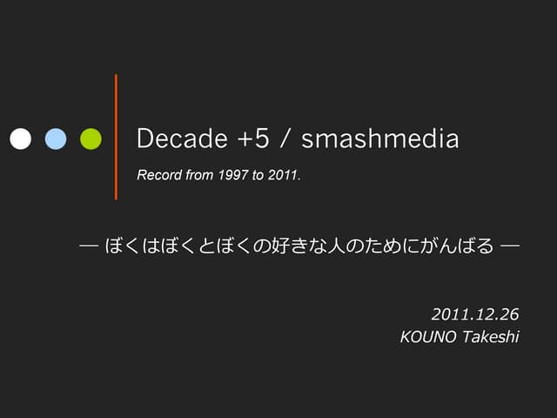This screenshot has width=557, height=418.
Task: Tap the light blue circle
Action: point(56,138)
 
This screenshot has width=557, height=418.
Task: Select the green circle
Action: point(91,138)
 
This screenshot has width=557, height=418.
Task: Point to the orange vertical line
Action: point(116,137)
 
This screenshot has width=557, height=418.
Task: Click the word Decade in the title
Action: point(179,139)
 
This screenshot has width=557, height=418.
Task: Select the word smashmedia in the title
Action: point(382,139)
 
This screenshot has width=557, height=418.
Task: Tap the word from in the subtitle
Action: point(198,176)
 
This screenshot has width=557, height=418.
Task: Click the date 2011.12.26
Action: point(475,313)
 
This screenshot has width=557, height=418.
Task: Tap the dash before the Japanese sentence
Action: point(87,246)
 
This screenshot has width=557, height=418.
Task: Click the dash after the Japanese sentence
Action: point(510,246)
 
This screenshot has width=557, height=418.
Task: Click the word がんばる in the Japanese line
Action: point(460,246)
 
